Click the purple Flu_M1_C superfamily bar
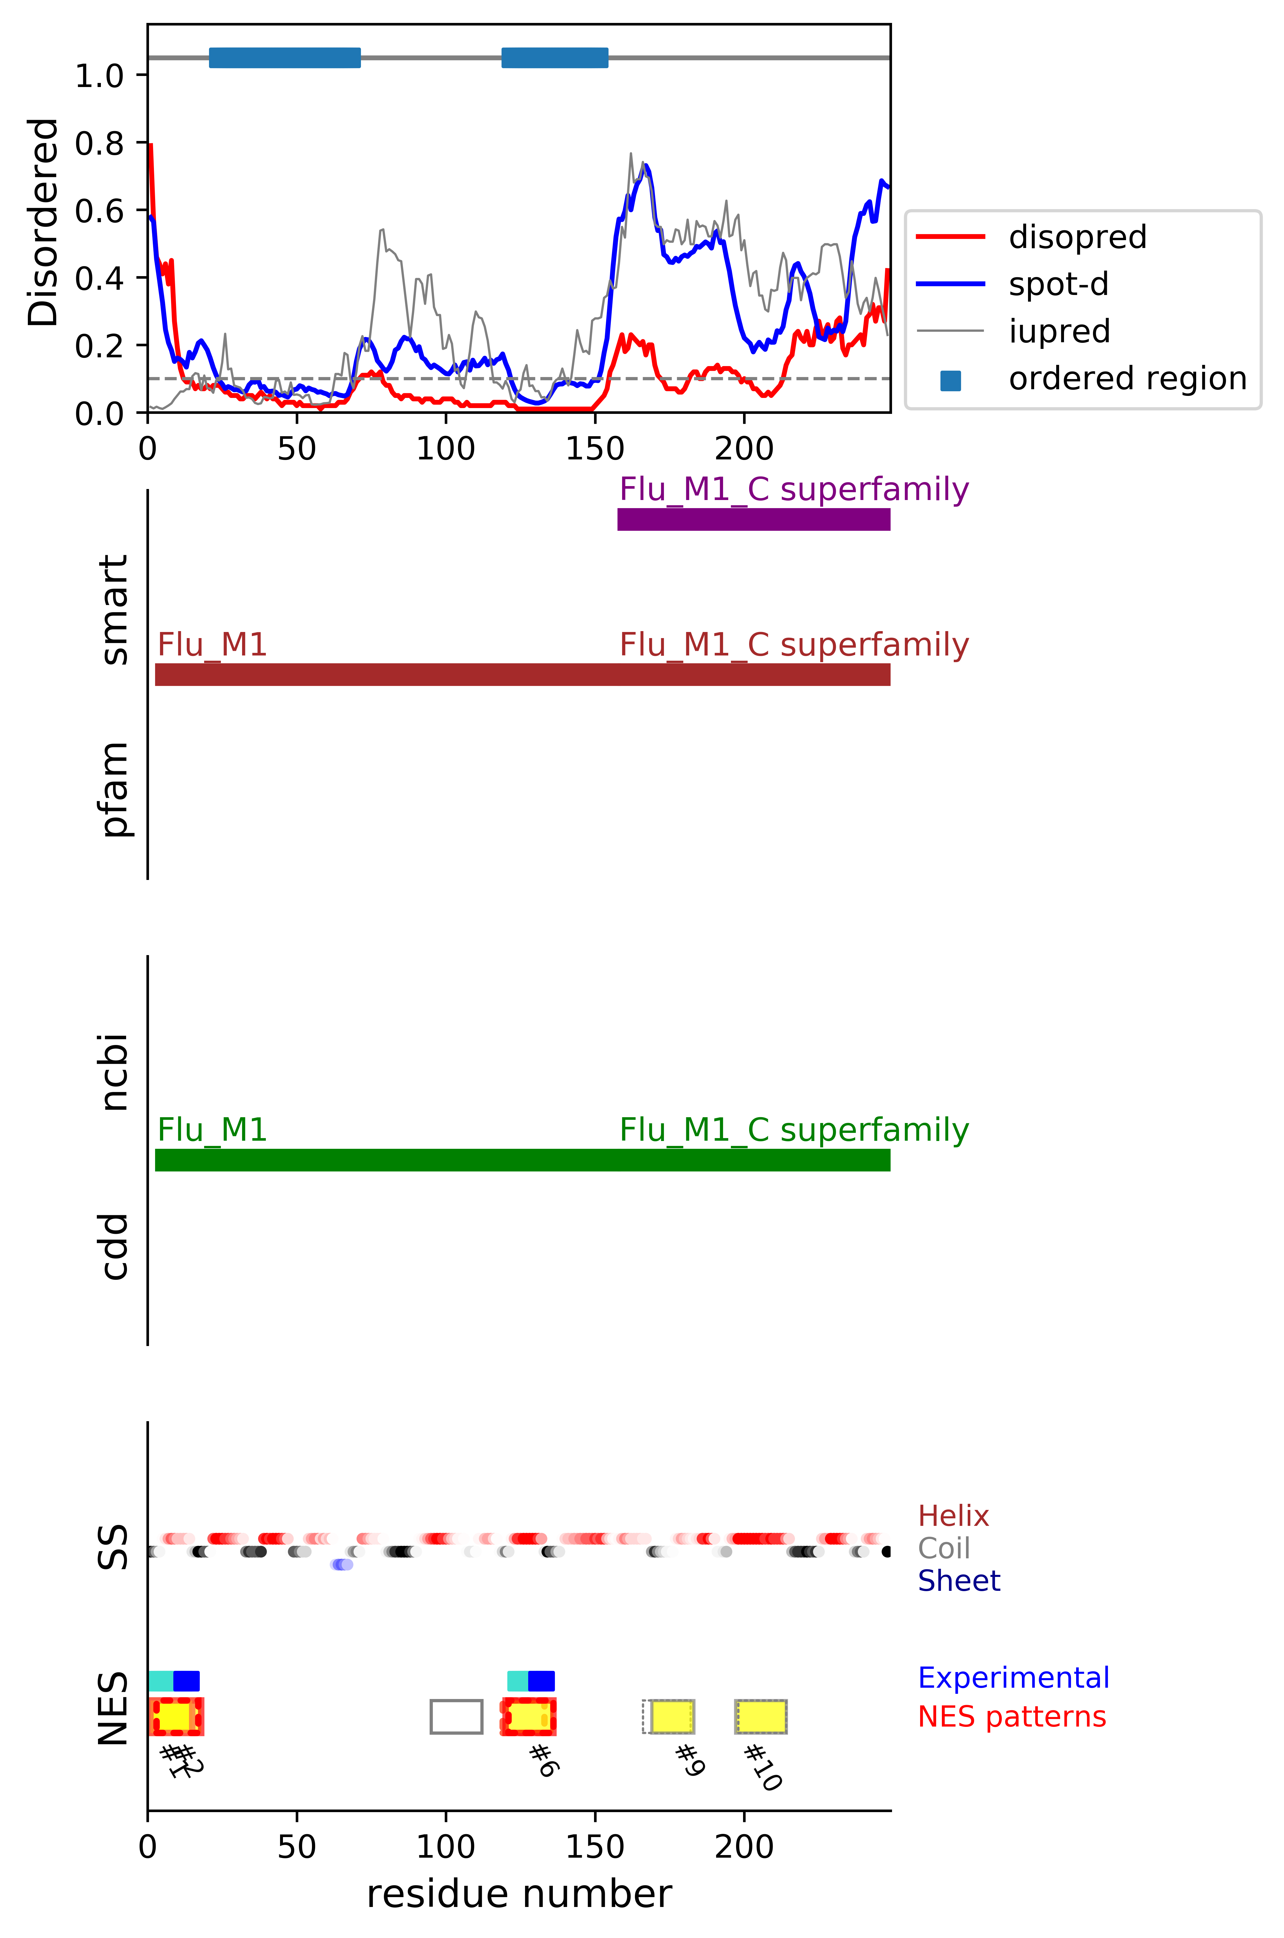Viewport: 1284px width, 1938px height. click(753, 519)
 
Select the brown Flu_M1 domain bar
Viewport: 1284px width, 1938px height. click(522, 674)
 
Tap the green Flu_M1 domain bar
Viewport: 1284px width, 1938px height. click(522, 1160)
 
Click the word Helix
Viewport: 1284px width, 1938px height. click(953, 1516)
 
